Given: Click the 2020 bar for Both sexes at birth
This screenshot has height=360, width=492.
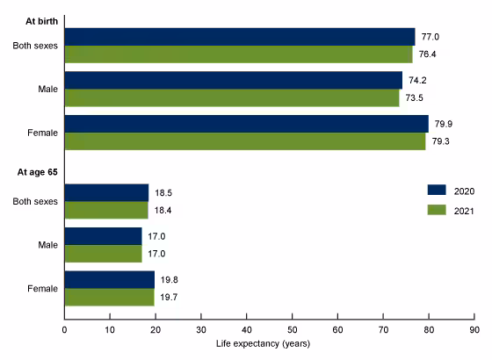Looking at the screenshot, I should [239, 36].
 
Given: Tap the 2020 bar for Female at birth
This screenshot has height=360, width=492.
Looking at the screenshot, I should [246, 124].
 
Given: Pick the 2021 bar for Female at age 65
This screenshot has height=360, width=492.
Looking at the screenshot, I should [109, 298].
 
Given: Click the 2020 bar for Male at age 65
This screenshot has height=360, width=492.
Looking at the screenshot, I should [103, 236].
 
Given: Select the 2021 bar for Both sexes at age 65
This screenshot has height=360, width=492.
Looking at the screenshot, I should [106, 210].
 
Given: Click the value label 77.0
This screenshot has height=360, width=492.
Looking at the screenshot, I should [428, 36].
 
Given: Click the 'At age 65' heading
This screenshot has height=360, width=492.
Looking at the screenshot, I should [34, 174].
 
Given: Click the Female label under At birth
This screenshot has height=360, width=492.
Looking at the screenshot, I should [42, 133].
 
